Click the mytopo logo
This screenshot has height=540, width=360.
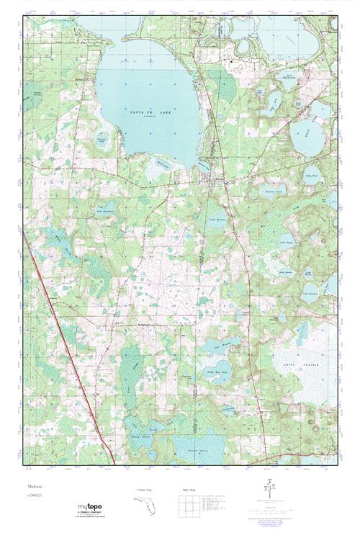point(92,508)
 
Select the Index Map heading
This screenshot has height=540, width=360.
point(187,490)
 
